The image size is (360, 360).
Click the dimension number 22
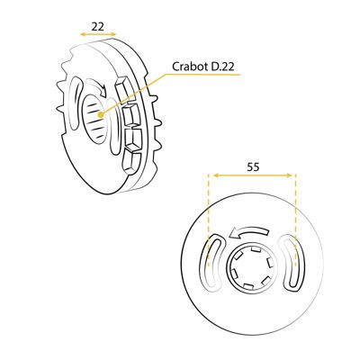pos(97,26)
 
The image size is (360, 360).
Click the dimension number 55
pos(253,166)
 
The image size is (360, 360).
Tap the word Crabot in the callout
pos(189,67)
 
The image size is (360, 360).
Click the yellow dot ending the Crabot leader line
pos(101,114)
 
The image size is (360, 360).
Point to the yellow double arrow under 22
pos(98,34)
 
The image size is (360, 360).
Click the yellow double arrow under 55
pos(251,175)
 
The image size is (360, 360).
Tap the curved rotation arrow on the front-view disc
pos(247,232)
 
